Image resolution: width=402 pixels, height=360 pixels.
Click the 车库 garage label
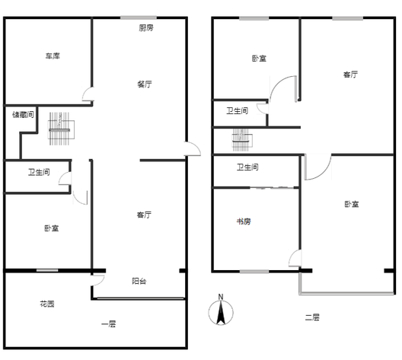[53, 56]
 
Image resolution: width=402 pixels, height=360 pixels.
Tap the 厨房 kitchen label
[146, 27]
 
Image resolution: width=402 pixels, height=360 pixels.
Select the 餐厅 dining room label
[145, 84]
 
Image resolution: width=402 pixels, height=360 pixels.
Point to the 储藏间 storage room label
[23, 114]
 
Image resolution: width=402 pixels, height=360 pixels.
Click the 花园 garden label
[47, 304]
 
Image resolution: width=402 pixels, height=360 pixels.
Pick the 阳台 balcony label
[139, 281]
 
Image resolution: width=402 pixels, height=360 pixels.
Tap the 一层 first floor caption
[109, 324]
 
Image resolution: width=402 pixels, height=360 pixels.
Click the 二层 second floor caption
[312, 317]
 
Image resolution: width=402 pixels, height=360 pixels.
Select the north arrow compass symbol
[221, 312]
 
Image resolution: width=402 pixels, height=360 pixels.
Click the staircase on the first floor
[59, 129]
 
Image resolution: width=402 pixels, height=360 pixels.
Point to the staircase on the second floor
[241, 140]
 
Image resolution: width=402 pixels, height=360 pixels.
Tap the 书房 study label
[244, 221]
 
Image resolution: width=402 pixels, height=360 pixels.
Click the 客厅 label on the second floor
[350, 75]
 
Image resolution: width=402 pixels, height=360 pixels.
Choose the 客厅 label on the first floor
[144, 215]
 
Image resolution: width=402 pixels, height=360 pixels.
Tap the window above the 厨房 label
[139, 18]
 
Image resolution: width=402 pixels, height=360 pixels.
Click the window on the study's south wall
[254, 272]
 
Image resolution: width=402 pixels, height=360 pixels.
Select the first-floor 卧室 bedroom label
[52, 228]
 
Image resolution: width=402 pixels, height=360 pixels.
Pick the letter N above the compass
[221, 297]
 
